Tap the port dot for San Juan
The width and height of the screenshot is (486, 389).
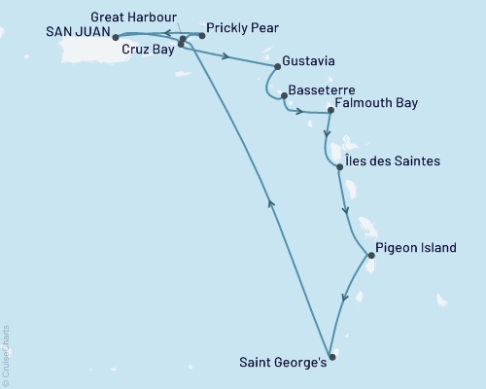click(x=115, y=40)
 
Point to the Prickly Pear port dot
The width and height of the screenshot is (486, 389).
click(x=201, y=36)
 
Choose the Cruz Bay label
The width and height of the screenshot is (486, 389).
click(x=146, y=48)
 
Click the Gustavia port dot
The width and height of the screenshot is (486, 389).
click(x=278, y=66)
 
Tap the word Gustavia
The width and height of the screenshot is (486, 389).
click(x=311, y=61)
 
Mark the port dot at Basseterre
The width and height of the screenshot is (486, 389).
click(x=283, y=95)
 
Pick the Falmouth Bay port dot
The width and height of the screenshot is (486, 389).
click(x=330, y=110)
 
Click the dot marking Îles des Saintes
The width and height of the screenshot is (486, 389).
click(x=339, y=167)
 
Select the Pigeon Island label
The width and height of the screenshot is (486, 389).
click(x=415, y=249)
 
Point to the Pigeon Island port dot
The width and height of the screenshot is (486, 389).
click(x=370, y=257)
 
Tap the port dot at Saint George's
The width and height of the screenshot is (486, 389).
click(x=332, y=357)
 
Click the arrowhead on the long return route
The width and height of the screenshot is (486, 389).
click(x=269, y=201)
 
